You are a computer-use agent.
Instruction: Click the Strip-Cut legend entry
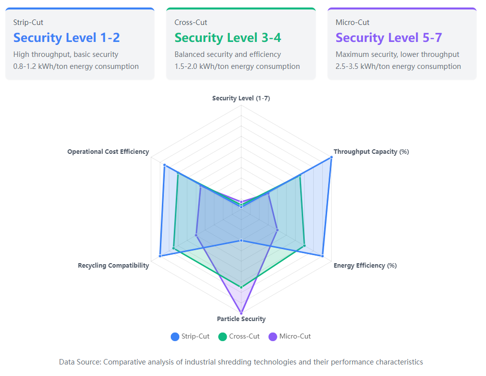tap(190, 337)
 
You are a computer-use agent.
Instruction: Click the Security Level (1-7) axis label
tap(241, 98)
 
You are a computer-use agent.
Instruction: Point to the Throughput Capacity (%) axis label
tap(371, 152)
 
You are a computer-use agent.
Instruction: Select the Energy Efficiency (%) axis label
tap(365, 266)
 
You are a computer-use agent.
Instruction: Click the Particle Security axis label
tap(241, 319)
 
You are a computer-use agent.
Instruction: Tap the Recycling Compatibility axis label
tap(113, 266)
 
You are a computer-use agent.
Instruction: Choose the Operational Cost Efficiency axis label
tap(108, 152)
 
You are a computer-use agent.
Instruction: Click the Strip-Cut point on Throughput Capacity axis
tap(331, 158)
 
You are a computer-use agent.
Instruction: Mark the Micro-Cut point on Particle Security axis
tap(241, 313)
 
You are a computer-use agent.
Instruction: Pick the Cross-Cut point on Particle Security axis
tap(241, 287)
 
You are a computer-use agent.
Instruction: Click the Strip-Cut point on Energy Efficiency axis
tap(322, 256)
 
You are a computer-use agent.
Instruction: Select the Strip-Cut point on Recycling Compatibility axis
tap(160, 256)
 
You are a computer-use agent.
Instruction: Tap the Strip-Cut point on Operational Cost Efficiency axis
tap(164, 166)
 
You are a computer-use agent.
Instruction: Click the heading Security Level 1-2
tap(66, 38)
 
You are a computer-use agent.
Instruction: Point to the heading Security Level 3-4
tap(228, 38)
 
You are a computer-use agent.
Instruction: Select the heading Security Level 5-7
tap(389, 38)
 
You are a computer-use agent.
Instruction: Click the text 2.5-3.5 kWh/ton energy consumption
tap(398, 66)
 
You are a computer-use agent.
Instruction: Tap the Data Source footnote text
tap(241, 362)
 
